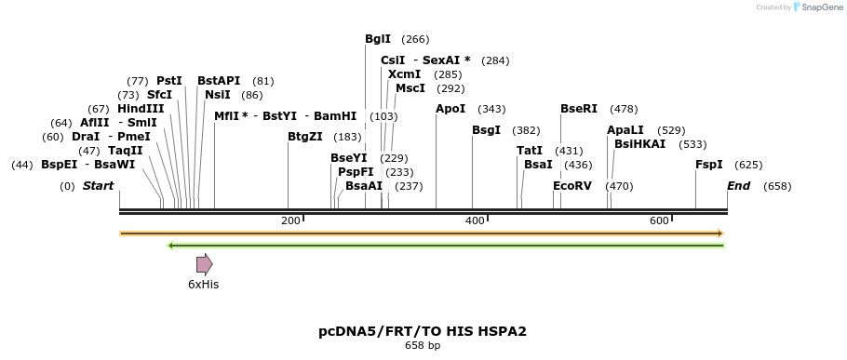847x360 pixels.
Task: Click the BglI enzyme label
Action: [x=378, y=39]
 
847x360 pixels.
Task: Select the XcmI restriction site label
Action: [x=404, y=74]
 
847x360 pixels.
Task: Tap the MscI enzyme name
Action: [x=410, y=88]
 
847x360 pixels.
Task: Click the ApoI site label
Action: [x=450, y=109]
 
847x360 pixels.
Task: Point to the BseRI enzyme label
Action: [x=579, y=109]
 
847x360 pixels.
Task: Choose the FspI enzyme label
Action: [x=709, y=165]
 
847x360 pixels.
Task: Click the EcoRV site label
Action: [x=572, y=186]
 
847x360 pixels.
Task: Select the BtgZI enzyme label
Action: [x=305, y=137]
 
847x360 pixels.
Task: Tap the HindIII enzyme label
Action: [x=141, y=109]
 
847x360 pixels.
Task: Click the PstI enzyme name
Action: [x=169, y=81]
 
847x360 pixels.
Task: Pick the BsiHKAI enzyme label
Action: [x=640, y=144]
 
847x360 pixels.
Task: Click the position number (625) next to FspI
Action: [x=748, y=165]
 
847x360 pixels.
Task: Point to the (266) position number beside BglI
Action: [x=415, y=39]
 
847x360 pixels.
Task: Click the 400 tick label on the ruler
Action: [x=476, y=220]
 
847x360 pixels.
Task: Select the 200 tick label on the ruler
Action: [x=291, y=220]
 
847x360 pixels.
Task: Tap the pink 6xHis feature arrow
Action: [x=205, y=264]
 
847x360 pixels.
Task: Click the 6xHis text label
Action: [x=203, y=285]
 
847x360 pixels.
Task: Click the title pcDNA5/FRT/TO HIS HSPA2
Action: [x=423, y=331]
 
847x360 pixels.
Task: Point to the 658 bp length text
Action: [x=423, y=346]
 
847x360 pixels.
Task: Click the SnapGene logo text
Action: [x=819, y=7]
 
